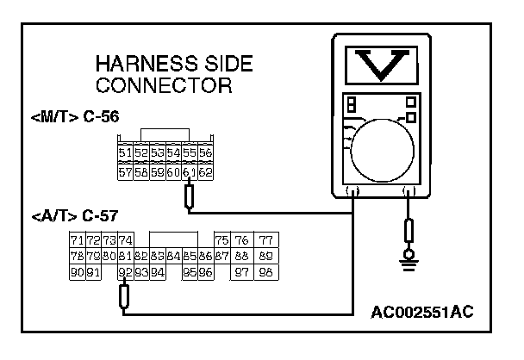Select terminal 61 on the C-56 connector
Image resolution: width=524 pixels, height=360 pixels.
pyautogui.click(x=190, y=172)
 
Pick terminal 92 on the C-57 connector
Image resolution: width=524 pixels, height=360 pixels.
pyautogui.click(x=125, y=272)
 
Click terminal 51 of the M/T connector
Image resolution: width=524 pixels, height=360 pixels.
pyautogui.click(x=125, y=153)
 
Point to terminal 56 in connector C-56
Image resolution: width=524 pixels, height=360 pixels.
pyautogui.click(x=205, y=153)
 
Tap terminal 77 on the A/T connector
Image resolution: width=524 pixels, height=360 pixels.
pyautogui.click(x=265, y=240)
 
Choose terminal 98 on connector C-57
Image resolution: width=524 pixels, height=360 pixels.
pyautogui.click(x=265, y=272)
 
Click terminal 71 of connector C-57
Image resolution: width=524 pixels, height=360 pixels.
pyautogui.click(x=77, y=240)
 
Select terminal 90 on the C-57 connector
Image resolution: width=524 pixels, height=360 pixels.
pyautogui.click(x=77, y=272)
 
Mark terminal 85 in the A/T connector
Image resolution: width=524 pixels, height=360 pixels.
pyautogui.click(x=190, y=256)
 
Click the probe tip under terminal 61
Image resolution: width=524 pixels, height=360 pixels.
pyautogui.click(x=190, y=199)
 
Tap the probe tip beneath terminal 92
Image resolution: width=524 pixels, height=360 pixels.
pyautogui.click(x=125, y=297)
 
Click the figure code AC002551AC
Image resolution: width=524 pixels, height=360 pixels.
pyautogui.click(x=423, y=310)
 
